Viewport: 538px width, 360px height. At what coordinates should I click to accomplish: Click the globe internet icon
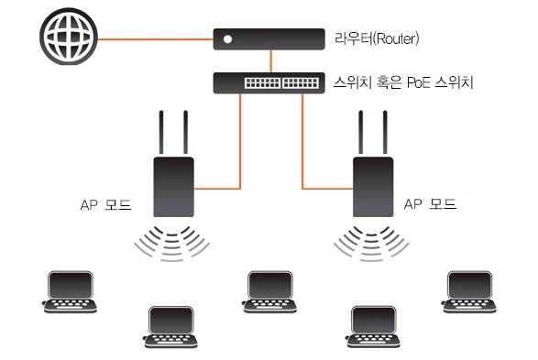point(69,37)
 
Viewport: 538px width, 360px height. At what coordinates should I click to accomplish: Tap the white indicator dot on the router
point(227,39)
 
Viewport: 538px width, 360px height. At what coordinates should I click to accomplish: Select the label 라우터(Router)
point(377,38)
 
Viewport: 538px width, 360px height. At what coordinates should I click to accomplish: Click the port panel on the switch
point(281,82)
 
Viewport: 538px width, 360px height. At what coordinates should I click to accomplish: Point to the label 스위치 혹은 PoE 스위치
point(403,82)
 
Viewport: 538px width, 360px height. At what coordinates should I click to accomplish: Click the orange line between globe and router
point(156,39)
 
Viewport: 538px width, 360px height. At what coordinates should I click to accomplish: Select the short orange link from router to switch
point(270,61)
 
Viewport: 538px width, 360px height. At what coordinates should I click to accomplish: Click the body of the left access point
point(173,187)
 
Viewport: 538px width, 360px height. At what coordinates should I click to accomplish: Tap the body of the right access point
point(373,187)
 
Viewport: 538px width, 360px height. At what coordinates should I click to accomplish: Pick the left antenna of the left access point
point(161,132)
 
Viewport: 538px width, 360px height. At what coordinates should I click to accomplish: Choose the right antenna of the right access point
point(385,132)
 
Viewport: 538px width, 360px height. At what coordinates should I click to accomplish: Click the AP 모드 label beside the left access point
point(105,204)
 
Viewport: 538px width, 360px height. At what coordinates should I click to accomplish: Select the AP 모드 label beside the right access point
point(430,204)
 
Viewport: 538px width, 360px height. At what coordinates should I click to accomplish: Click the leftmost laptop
point(71,292)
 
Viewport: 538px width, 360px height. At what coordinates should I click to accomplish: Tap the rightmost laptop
point(469,292)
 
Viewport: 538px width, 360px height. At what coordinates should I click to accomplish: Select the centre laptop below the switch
point(270,292)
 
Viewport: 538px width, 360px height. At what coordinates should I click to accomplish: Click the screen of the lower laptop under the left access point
point(171,321)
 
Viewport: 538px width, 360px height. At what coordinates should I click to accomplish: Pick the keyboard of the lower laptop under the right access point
point(373,339)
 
